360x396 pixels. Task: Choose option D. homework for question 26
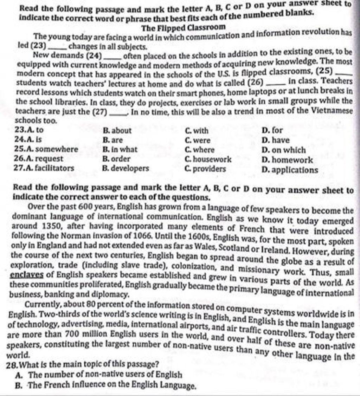pos(287,160)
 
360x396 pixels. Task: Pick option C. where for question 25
pos(199,150)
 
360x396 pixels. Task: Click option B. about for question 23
pos(117,131)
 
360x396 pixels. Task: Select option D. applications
pos(290,170)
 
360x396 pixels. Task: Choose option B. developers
pos(125,169)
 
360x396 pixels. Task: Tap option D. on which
pos(284,150)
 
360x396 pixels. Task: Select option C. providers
pos(205,169)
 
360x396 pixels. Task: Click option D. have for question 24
pos(276,141)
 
